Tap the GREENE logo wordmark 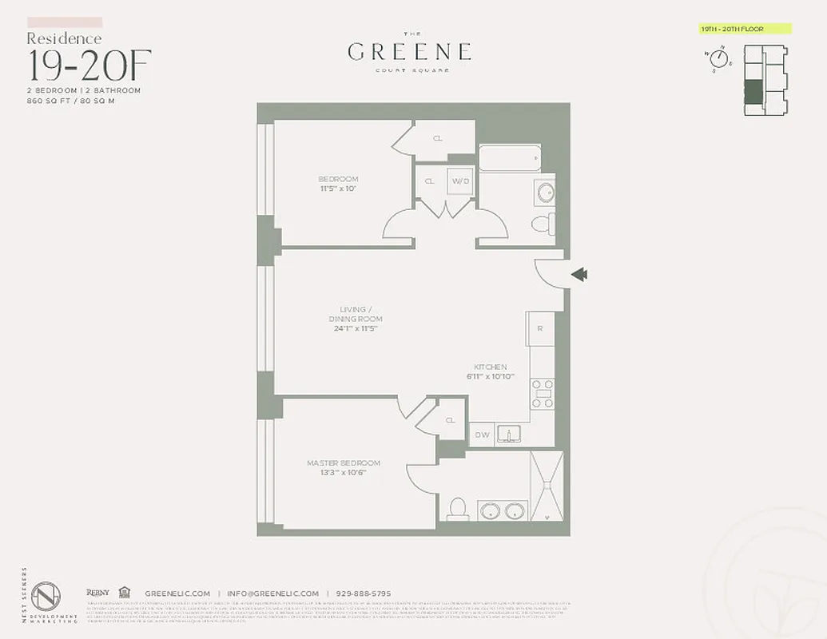coord(409,52)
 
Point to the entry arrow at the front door coord(580,275)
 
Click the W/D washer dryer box coord(460,181)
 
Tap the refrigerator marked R coord(540,328)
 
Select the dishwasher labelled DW coord(482,435)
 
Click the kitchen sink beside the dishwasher coord(509,434)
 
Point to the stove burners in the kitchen coord(543,394)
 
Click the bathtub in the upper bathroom coord(509,158)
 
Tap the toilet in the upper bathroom coord(543,224)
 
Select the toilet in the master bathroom coord(458,509)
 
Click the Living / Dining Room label coord(353,314)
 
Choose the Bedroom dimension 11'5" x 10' coord(338,189)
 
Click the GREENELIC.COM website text coord(177,593)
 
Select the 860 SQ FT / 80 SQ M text coord(72,101)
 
